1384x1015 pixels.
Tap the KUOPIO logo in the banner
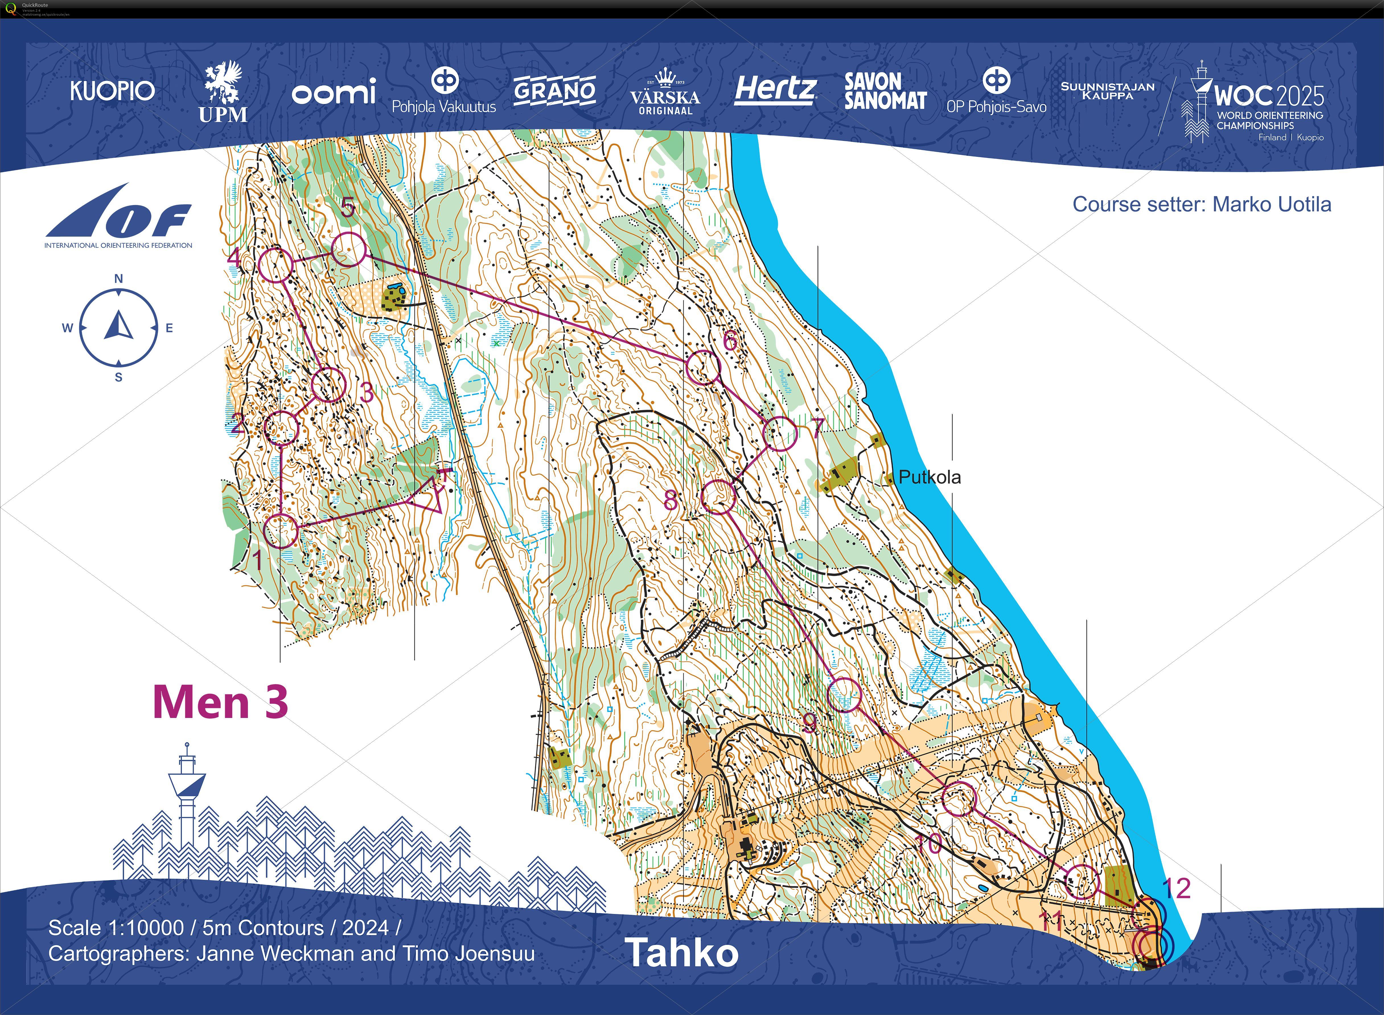click(112, 91)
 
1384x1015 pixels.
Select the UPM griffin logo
click(223, 92)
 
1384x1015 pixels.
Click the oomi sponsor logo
click(334, 92)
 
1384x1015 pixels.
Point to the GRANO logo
click(554, 91)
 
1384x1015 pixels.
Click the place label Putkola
click(929, 477)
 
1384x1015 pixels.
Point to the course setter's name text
click(1271, 204)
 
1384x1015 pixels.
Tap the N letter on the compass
click(118, 278)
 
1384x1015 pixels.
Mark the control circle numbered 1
click(281, 531)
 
